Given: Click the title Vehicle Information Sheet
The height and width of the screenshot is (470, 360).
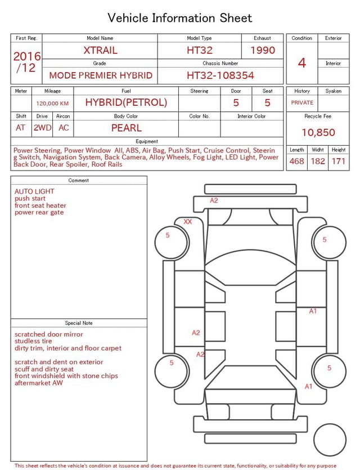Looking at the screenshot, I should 180,18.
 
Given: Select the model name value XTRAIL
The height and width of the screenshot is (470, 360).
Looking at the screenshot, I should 100,50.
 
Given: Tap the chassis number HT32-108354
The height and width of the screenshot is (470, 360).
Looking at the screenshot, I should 220,75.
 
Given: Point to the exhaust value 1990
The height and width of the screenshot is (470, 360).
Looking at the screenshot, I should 263,50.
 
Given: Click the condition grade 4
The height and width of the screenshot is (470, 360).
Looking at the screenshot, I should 302,62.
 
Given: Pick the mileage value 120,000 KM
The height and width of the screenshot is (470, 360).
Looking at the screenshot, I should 52,104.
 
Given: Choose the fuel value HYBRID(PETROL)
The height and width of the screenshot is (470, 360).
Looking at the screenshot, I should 126,102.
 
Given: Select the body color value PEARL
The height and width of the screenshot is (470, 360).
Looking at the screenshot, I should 126,128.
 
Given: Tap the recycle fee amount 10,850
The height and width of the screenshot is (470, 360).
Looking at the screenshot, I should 318,133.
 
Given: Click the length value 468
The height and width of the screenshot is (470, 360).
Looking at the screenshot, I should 296,161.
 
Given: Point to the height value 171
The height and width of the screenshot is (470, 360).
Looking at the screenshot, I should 339,161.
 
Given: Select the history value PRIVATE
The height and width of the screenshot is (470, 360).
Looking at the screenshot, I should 302,103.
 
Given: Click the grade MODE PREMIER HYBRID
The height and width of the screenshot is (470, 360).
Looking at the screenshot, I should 101,75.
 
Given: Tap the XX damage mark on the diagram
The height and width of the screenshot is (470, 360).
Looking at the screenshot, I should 187,222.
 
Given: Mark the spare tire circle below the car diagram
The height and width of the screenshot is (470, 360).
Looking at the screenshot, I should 330,440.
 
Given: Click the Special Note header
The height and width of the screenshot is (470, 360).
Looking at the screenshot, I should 79,323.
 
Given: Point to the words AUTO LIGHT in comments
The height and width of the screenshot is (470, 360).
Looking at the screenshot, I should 34,191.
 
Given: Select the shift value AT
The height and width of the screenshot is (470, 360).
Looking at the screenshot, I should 21,128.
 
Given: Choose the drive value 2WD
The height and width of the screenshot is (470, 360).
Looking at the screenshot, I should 42,128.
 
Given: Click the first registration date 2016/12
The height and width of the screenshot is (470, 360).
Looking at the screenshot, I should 27,62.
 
